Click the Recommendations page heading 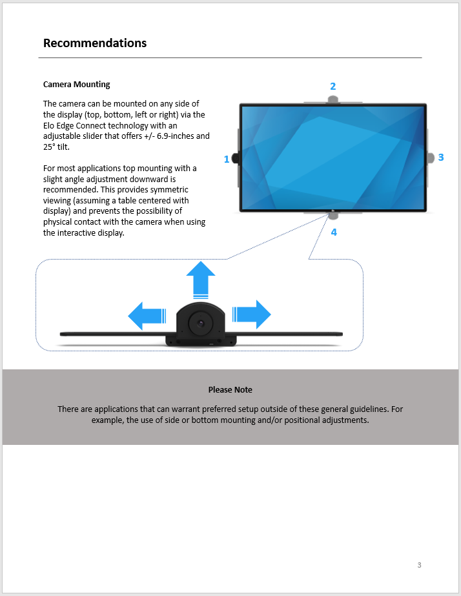click(x=95, y=43)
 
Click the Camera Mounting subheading click(x=76, y=85)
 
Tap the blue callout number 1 click(x=227, y=159)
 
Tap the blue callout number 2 click(x=333, y=87)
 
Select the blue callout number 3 click(x=441, y=158)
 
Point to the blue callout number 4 click(x=334, y=232)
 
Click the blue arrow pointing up click(x=201, y=280)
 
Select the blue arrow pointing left click(x=147, y=316)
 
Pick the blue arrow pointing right click(x=252, y=314)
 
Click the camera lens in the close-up click(x=200, y=324)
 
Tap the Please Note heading click(x=230, y=389)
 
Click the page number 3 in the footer click(x=419, y=565)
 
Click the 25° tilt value click(x=56, y=147)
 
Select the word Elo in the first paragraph click(x=48, y=125)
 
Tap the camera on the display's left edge click(x=235, y=158)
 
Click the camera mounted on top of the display click(x=333, y=100)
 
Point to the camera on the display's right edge click(x=431, y=158)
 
